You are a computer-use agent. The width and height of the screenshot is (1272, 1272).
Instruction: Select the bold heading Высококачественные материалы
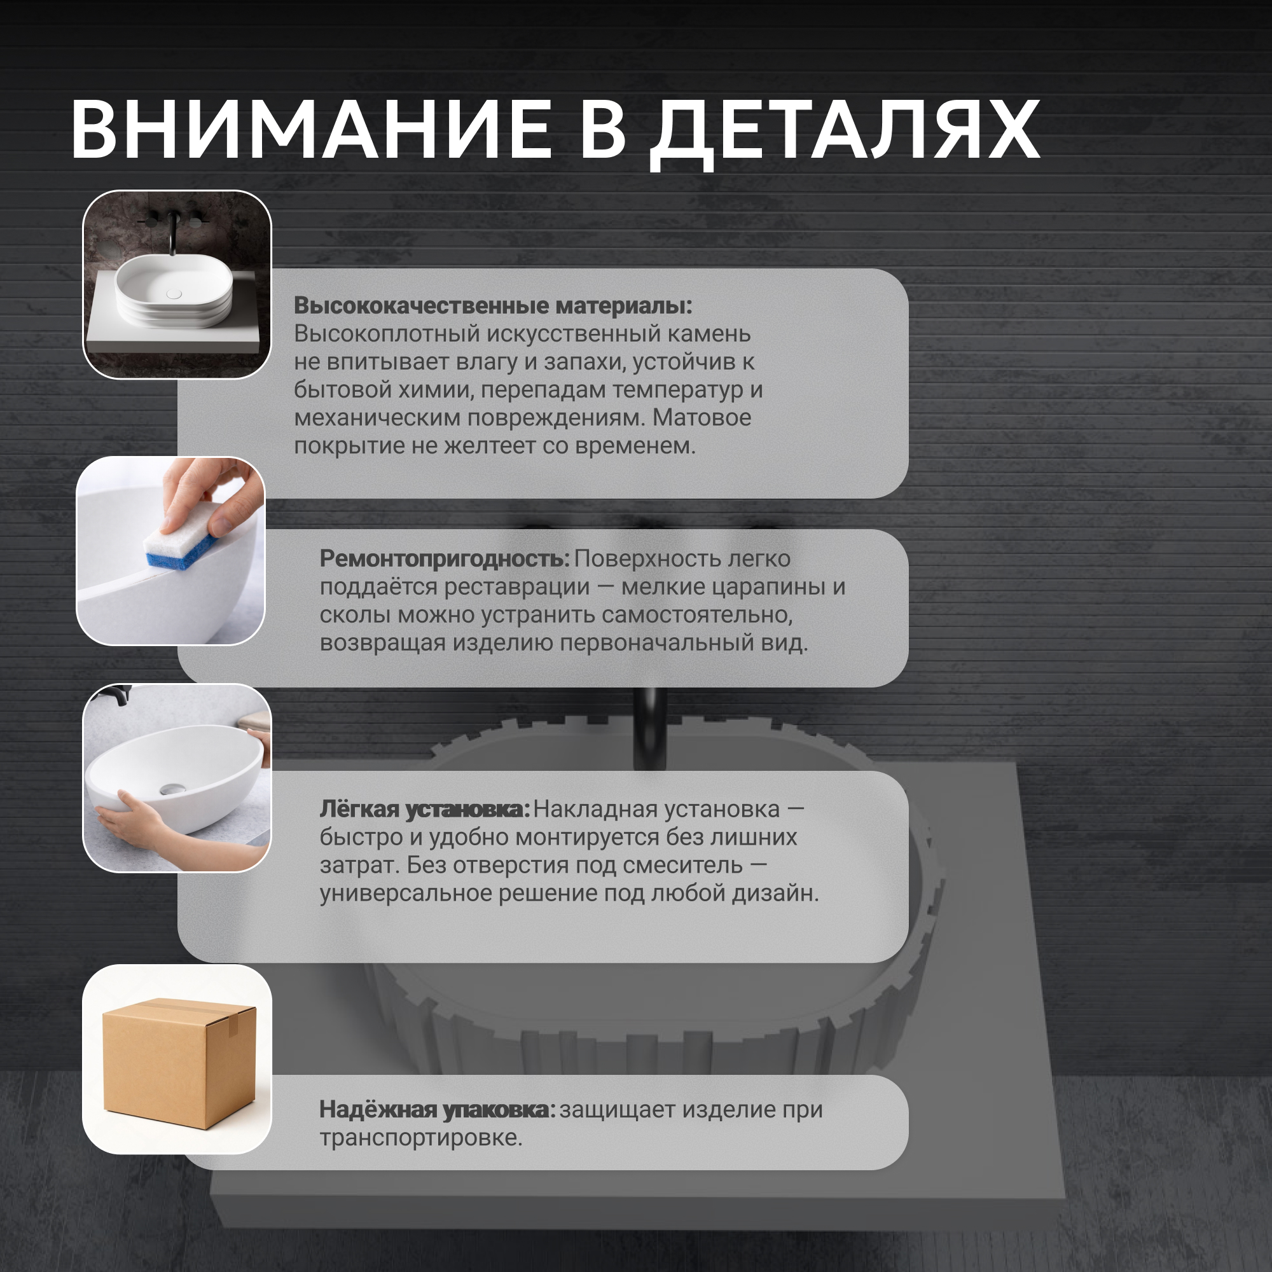point(493,305)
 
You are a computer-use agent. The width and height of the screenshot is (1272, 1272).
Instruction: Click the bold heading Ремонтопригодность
point(445,559)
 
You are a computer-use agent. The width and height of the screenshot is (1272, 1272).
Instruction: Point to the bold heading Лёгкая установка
point(425,809)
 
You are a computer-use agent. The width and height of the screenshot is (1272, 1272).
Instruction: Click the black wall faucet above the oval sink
point(173,230)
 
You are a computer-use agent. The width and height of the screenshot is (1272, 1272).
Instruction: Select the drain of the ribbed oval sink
point(174,294)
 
